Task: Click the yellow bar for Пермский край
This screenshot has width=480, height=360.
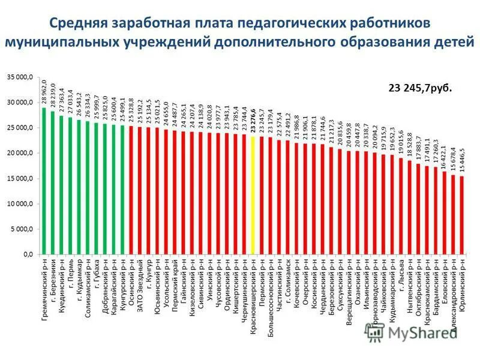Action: (253, 196)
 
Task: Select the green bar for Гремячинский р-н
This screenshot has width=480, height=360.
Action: (44, 181)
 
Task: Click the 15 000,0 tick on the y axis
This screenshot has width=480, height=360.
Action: (20, 179)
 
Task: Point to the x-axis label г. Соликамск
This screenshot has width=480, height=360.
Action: (288, 284)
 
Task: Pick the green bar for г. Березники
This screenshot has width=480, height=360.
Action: (53, 182)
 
